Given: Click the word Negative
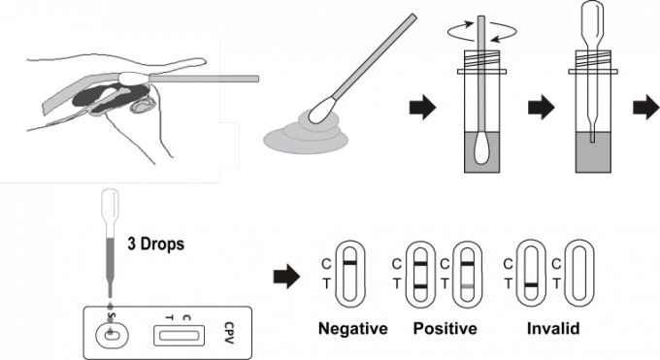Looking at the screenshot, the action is [x=352, y=328].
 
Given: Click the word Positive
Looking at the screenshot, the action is [x=445, y=328].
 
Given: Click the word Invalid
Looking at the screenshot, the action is [x=553, y=328].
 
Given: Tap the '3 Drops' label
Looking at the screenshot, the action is [x=155, y=244].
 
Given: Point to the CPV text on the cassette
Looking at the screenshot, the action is [x=229, y=333].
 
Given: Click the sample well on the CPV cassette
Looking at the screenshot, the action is [x=112, y=335].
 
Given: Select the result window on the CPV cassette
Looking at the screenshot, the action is [x=179, y=336].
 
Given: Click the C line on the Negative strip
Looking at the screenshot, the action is [x=349, y=263].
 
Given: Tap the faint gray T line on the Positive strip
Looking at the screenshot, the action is [x=467, y=286].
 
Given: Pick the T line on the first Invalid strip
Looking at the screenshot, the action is [x=531, y=285].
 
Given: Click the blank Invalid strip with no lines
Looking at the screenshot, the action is [x=578, y=274].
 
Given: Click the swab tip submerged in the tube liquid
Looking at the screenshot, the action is [x=481, y=149].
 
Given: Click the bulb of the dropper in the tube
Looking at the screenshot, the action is [x=592, y=19].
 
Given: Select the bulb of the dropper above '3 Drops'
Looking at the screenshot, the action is [x=111, y=204].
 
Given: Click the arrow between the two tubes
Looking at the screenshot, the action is [x=542, y=107].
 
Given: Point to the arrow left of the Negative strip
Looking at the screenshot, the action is [x=286, y=277].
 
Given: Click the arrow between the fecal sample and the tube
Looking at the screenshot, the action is [x=422, y=107].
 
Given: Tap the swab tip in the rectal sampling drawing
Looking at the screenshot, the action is [x=134, y=79].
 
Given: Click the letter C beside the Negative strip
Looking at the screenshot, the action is [x=326, y=265].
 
